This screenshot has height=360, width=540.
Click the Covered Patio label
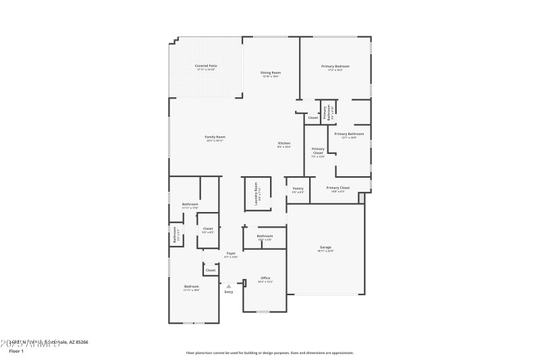(x=207, y=66)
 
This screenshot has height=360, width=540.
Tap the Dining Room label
(x=271, y=72)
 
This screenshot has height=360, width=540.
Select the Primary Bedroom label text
(x=335, y=66)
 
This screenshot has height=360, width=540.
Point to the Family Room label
(x=215, y=136)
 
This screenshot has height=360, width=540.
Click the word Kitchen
(x=284, y=143)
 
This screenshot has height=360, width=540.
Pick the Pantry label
(x=298, y=188)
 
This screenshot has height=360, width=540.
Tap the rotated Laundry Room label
(x=256, y=193)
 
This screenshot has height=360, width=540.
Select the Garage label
(x=325, y=247)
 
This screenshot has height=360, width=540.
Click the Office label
(x=265, y=278)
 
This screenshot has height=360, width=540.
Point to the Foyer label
(x=231, y=253)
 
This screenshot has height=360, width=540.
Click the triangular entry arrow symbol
(x=229, y=286)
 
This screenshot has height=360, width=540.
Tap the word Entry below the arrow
(x=229, y=292)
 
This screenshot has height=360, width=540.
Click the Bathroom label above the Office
(x=265, y=236)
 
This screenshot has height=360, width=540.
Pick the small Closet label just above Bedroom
(x=211, y=270)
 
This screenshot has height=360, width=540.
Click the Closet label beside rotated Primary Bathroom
(x=313, y=118)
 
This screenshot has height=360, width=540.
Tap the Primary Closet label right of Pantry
(x=337, y=188)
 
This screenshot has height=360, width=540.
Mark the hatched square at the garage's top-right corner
(x=361, y=198)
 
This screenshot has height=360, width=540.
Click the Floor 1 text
(x=16, y=351)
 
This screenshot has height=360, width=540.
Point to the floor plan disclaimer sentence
(x=269, y=353)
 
